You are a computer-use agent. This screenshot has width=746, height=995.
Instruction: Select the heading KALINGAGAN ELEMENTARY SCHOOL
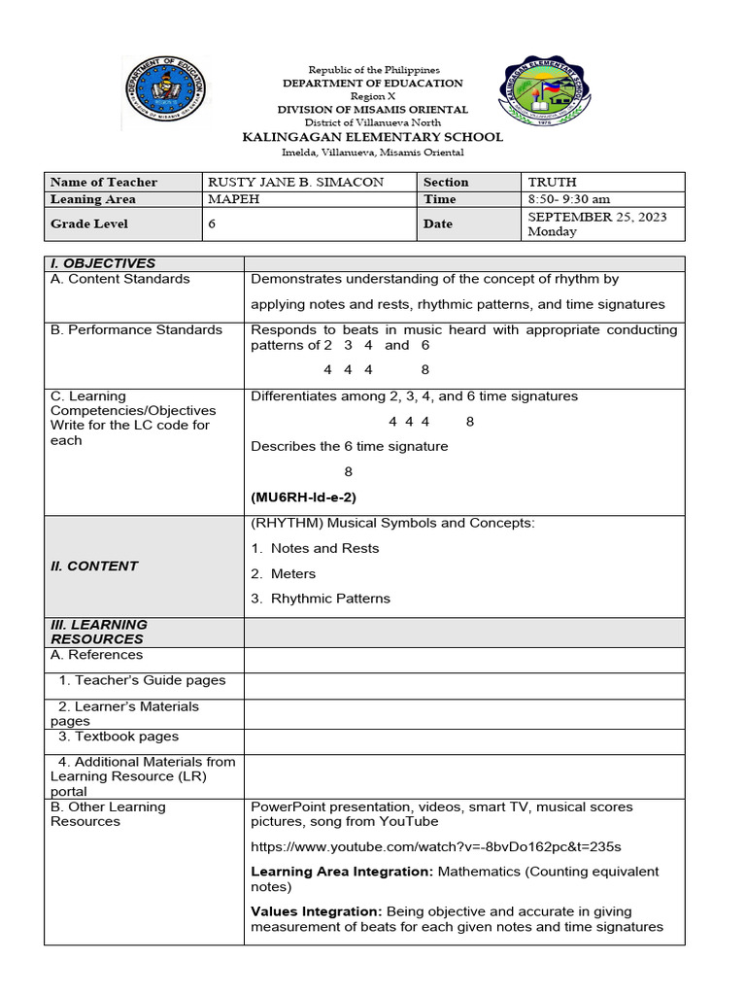coord(372,137)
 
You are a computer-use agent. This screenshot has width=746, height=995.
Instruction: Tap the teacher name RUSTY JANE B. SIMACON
coord(295,182)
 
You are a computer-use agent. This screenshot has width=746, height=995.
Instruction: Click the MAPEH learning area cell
coord(236,199)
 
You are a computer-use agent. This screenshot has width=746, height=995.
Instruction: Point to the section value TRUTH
coord(552,182)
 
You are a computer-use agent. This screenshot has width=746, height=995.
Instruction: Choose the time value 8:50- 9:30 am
coord(568,199)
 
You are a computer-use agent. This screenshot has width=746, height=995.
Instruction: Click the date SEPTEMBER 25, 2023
coord(596,217)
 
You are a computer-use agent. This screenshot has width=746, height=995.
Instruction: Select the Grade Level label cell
coord(89,223)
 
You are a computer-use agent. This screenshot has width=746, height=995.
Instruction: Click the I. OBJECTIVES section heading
coord(103,263)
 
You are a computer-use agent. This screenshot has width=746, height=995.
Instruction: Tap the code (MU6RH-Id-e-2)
coord(303,497)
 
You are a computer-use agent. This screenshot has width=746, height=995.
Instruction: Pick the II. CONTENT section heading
coord(94,566)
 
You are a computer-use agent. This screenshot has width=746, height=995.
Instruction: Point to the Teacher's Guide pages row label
coord(142,680)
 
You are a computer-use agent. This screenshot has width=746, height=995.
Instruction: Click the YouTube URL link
coord(435,846)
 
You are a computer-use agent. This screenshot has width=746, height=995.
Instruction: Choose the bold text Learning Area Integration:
coord(342,872)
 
